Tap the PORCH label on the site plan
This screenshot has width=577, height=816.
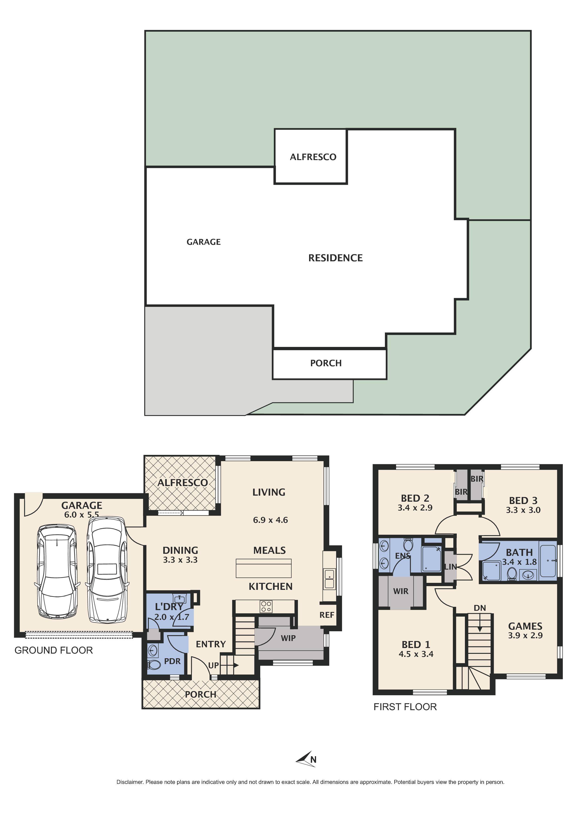click(x=326, y=363)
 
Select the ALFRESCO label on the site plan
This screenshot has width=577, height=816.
click(x=313, y=157)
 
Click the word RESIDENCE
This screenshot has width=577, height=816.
click(x=335, y=258)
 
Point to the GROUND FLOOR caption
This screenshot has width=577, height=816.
click(x=54, y=650)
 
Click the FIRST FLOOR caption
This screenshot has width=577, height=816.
click(x=405, y=707)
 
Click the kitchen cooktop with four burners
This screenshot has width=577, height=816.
click(x=266, y=606)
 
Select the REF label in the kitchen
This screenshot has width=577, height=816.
click(x=327, y=615)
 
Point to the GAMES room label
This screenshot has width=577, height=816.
click(x=525, y=626)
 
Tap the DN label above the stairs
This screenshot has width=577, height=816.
click(x=480, y=608)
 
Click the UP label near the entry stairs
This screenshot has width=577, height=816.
click(x=213, y=665)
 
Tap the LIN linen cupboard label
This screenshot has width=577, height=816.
click(x=450, y=567)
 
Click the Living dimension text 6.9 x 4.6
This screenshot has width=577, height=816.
click(x=270, y=520)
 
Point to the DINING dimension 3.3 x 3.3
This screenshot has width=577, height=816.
click(x=180, y=560)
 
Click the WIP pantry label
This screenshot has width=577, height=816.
click(x=288, y=638)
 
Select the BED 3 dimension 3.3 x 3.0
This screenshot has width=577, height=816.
click(x=523, y=510)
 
